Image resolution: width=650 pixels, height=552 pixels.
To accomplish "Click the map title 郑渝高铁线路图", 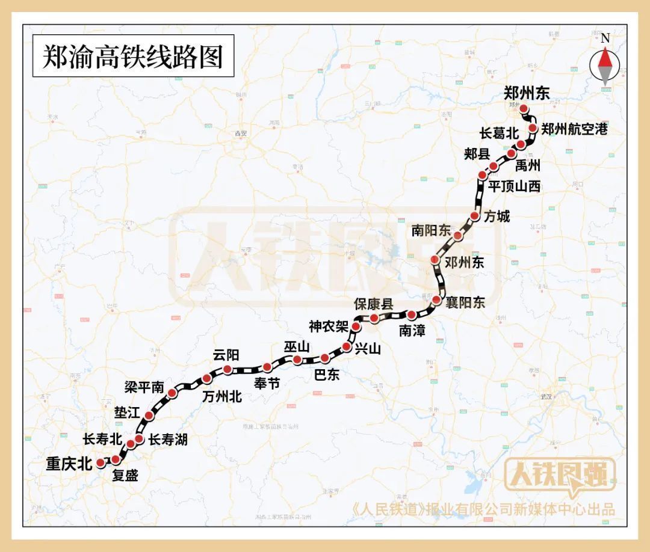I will tap(132, 57).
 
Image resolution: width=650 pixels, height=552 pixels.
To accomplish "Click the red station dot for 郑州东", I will tap(524, 109).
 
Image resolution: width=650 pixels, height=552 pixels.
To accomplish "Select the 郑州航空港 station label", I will tap(575, 129).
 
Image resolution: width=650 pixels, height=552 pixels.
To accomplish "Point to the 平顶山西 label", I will tap(514, 186).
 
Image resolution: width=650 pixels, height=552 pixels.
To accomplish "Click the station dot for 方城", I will tap(474, 216).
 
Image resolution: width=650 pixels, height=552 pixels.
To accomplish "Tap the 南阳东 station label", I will tap(431, 230).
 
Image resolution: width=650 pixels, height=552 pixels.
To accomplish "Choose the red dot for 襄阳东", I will tap(437, 298).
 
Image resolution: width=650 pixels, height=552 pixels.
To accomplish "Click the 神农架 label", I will tap(328, 327).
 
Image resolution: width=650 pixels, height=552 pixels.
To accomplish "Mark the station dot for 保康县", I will tap(374, 318).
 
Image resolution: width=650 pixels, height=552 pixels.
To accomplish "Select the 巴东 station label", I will tap(327, 374).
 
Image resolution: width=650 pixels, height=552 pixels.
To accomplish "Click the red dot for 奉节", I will tap(267, 367).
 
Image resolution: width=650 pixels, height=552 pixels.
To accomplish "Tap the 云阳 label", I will tap(226, 355).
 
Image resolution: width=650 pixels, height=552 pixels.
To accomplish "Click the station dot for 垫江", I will tap(149, 416).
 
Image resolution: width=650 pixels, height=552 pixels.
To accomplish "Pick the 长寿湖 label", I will tap(168, 440).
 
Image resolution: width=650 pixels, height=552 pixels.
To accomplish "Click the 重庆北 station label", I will tap(69, 464).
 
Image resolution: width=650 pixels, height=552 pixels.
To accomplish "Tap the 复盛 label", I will tap(125, 476).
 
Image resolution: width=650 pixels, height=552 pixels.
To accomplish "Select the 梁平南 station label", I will tap(143, 388).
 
